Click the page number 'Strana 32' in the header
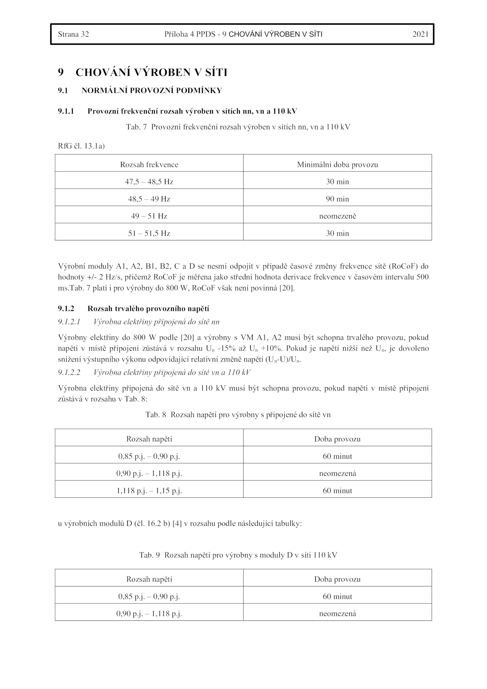coord(73,34)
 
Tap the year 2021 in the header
coord(420,34)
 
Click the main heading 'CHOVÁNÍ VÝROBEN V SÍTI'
coord(151,72)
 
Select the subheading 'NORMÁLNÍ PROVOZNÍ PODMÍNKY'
coord(152,91)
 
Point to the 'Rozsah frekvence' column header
coord(149,165)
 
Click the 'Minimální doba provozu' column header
coord(337,165)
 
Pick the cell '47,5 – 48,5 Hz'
coord(149,182)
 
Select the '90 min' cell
coord(337,199)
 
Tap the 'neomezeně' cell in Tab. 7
coord(337,216)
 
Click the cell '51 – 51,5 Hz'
coord(149,234)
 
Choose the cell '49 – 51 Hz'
coord(149,216)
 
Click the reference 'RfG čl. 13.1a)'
coord(81,146)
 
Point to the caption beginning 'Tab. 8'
coord(238,415)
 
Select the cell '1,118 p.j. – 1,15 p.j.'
coord(149,491)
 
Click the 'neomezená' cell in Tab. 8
coord(337,474)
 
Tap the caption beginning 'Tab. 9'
coord(238,555)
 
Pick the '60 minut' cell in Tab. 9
coord(337,596)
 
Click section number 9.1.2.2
coord(69,373)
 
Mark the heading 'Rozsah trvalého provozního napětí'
coord(148,309)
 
